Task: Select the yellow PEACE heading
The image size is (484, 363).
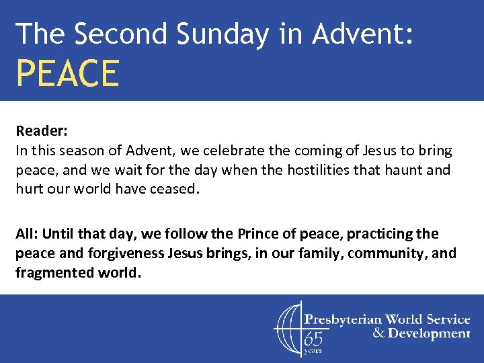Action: (x=67, y=73)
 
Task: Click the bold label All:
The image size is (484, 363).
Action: (x=27, y=234)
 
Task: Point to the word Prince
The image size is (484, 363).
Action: (x=259, y=234)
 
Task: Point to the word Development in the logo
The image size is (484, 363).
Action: (x=428, y=333)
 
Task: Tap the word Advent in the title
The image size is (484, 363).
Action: (x=373, y=33)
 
